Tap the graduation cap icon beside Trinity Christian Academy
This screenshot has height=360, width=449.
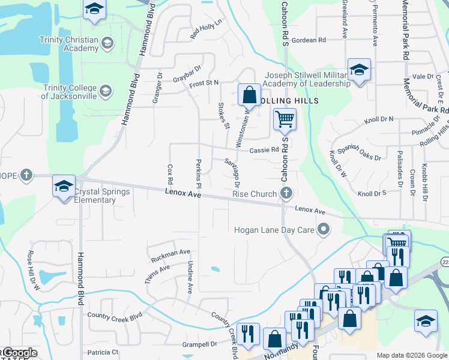click(107, 42)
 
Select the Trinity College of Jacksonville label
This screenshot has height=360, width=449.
click(69, 91)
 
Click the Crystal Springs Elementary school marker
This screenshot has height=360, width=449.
click(63, 186)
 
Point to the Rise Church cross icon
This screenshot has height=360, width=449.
click(286, 193)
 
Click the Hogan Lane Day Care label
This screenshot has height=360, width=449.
click(276, 229)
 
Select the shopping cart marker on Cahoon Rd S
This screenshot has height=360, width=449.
click(285, 119)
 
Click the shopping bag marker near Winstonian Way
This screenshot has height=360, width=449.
click(249, 95)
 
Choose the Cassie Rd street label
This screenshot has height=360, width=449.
click(265, 150)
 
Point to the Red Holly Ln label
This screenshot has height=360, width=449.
click(206, 29)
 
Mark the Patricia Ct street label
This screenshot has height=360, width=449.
click(103, 352)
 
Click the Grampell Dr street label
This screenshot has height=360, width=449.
click(200, 344)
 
